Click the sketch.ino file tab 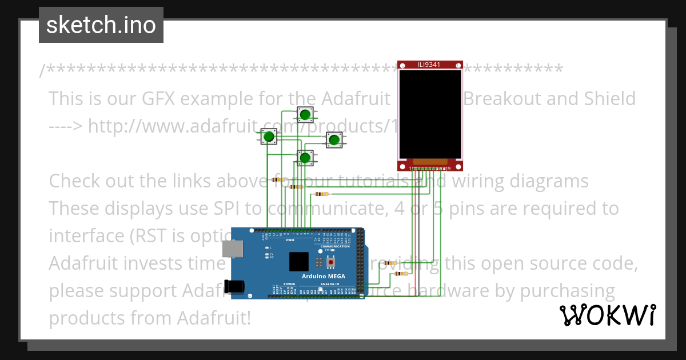coord(101,25)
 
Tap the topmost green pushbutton coord(305,115)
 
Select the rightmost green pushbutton coord(335,139)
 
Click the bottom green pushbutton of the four coord(305,157)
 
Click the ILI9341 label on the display coord(428,65)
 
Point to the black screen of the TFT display coord(430,114)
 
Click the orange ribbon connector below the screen coord(430,163)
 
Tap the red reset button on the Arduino coord(331,263)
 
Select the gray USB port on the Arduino coord(232,249)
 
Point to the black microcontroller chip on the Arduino coord(299,261)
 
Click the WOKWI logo coord(607,315)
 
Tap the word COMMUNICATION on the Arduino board coord(335,246)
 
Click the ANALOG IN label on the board coord(329,284)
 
